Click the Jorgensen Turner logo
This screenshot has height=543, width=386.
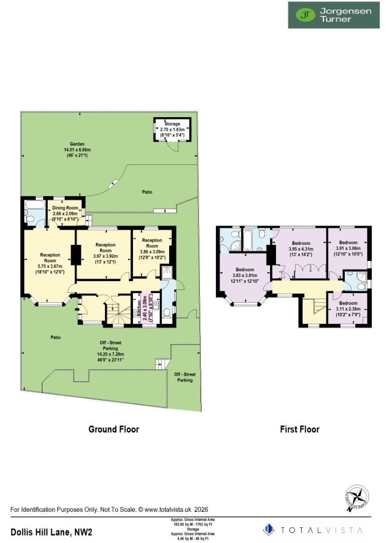coord(333,15)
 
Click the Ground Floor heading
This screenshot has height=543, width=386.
coord(113,429)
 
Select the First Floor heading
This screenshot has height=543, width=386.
coord(300,429)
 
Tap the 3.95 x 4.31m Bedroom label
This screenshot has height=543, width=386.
coord(300,248)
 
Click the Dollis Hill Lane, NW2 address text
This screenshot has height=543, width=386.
coord(52,531)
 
